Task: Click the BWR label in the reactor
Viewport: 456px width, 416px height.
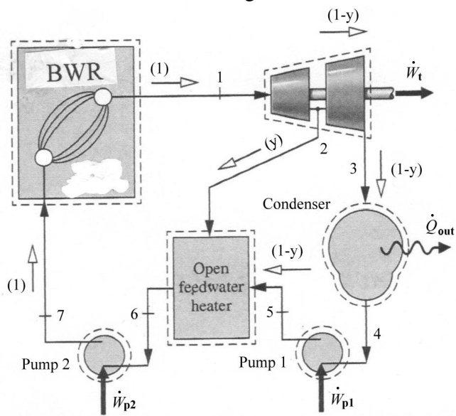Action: pos(75,73)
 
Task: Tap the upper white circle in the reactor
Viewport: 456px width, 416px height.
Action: pos(103,97)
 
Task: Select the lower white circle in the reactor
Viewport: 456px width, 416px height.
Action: pos(44,157)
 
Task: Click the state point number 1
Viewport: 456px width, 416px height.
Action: pos(220,78)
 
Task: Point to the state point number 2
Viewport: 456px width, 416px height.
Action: pos(323,149)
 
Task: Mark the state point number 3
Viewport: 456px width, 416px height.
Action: pos(353,169)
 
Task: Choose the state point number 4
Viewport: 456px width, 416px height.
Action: pos(377,334)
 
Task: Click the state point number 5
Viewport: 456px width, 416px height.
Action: pos(270,312)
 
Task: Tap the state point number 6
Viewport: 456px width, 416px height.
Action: pos(134,314)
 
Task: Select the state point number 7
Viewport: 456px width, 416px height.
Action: pos(60,316)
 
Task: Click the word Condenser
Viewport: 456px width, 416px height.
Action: pos(296,204)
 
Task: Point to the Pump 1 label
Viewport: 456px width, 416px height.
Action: pos(262,363)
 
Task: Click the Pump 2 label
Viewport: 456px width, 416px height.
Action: pos(45,364)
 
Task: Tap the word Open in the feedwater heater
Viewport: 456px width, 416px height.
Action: pos(211,269)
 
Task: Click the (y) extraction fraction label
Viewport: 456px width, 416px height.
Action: pos(273,143)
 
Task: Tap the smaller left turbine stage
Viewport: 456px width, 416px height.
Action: pos(290,95)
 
